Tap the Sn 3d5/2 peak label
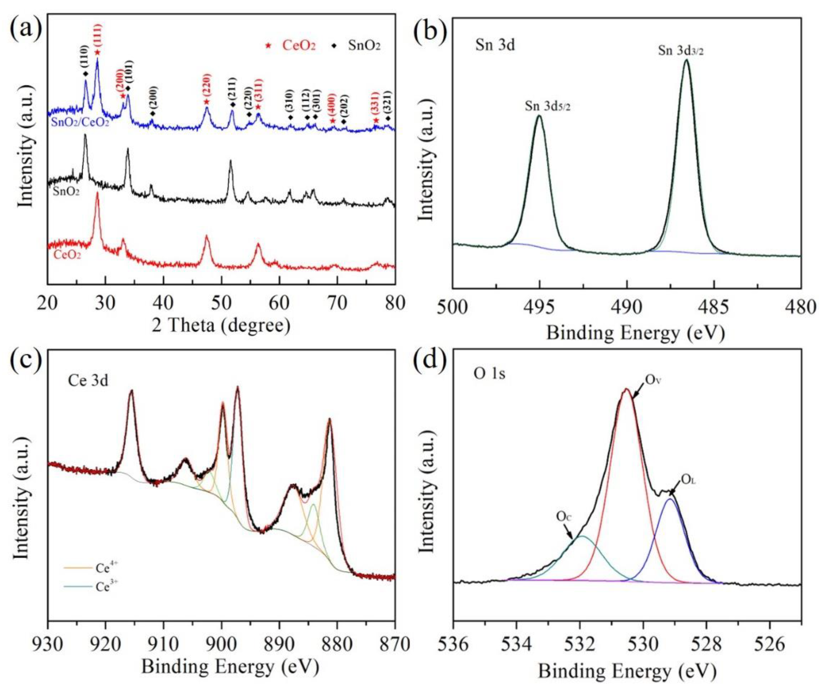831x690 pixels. click(x=548, y=106)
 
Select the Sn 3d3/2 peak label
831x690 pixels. click(x=681, y=51)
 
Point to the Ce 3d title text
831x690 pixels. click(x=88, y=380)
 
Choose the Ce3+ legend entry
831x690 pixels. click(x=91, y=586)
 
